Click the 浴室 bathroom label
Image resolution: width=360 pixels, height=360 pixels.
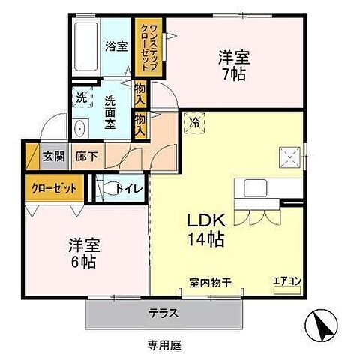tap(115, 45)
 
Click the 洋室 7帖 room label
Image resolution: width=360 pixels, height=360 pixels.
tap(233, 64)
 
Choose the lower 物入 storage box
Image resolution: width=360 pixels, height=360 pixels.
tap(140, 122)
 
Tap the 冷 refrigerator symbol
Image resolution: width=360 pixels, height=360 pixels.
tap(194, 121)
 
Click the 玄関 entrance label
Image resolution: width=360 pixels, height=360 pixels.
tap(52, 157)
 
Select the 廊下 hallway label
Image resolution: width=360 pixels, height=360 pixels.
tap(84, 157)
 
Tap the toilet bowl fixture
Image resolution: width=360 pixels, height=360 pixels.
tap(109, 188)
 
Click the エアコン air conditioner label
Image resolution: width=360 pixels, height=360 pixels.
tap(286, 280)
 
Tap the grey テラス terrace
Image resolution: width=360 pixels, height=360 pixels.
tap(164, 313)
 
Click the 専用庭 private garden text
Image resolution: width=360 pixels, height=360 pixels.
tap(164, 346)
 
